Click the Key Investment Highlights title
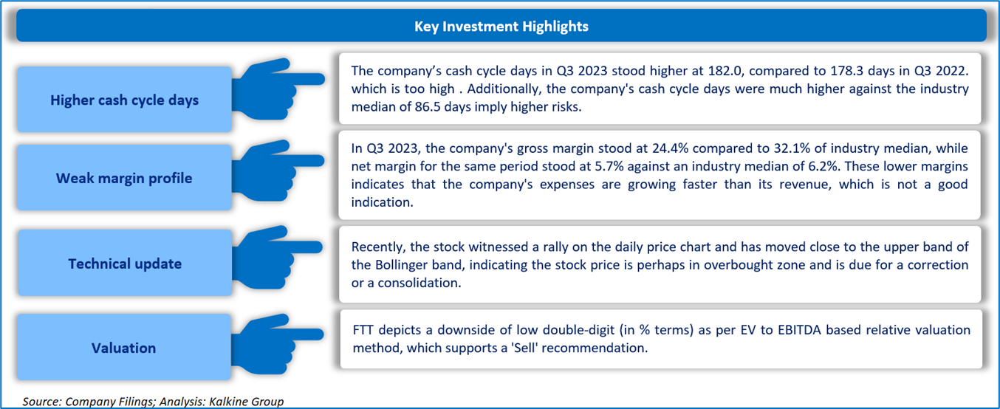(501, 27)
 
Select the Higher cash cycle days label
(125, 100)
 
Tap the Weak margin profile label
(124, 178)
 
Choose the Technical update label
(125, 264)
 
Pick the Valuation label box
(123, 348)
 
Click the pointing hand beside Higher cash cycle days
(278, 89)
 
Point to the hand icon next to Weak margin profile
(278, 170)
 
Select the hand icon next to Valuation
(277, 343)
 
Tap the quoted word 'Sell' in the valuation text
(524, 348)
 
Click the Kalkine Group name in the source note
(247, 402)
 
